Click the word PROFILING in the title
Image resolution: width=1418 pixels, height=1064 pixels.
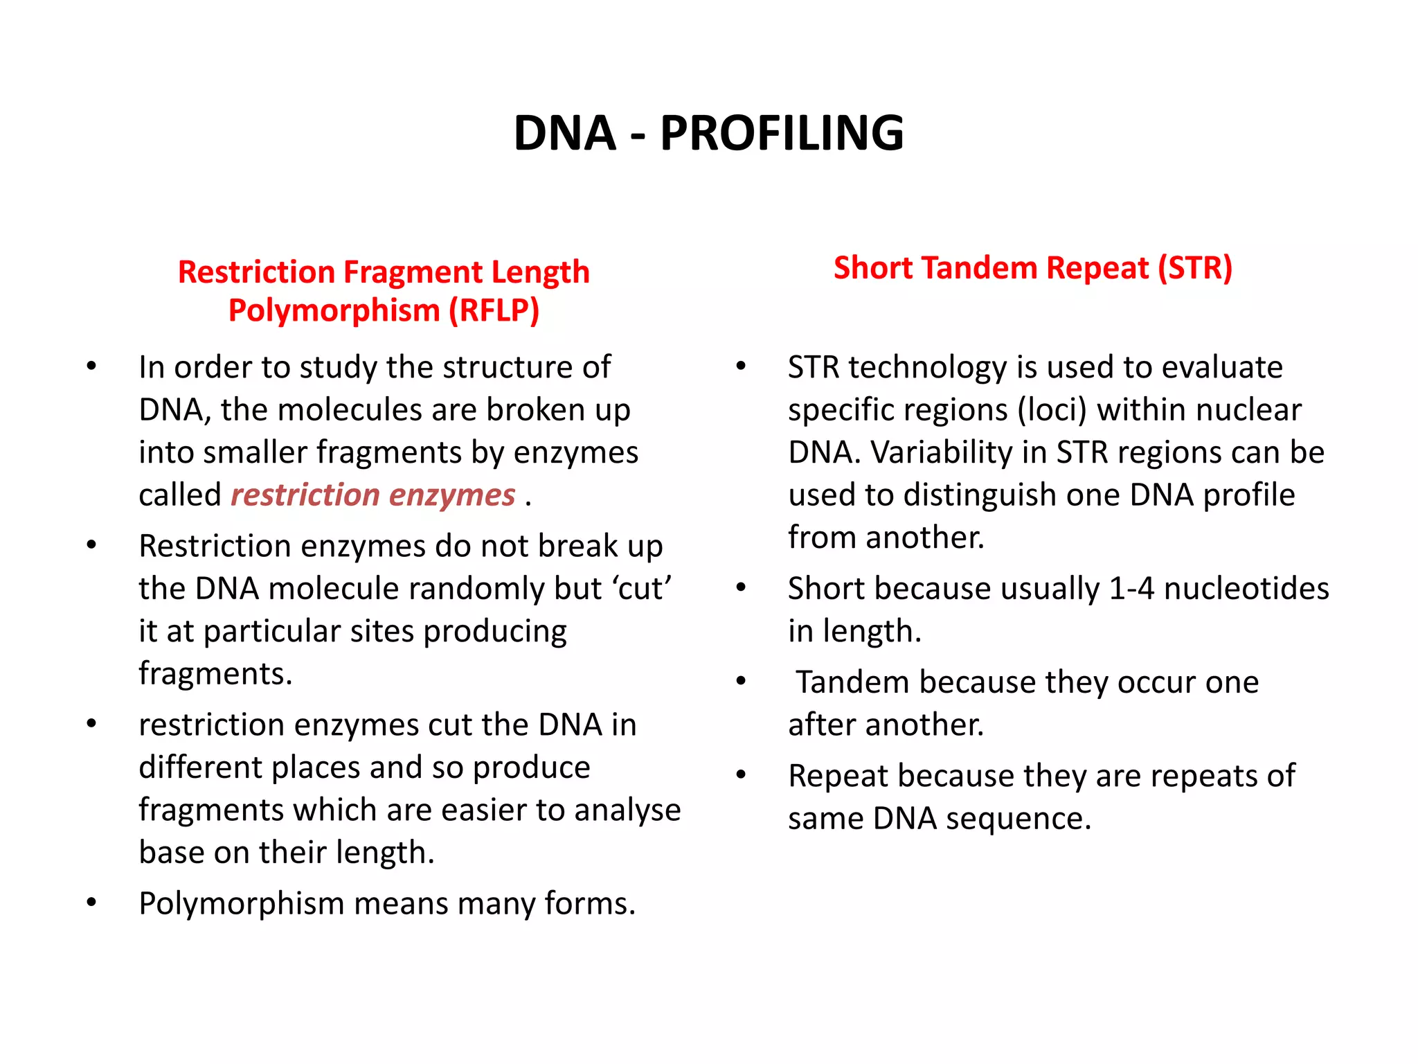[782, 133]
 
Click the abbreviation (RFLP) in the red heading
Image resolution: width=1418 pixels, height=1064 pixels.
[494, 310]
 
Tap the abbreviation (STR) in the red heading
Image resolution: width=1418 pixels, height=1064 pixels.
[1195, 268]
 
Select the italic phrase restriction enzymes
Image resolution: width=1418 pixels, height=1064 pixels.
[373, 495]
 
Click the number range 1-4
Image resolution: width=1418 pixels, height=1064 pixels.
[1131, 589]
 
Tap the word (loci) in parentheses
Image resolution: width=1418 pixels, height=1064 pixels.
[1052, 410]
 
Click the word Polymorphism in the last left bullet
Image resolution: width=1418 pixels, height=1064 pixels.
[242, 904]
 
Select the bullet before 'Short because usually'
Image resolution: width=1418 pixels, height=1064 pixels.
[741, 587]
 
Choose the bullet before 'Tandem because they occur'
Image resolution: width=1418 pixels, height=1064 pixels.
[741, 681]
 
